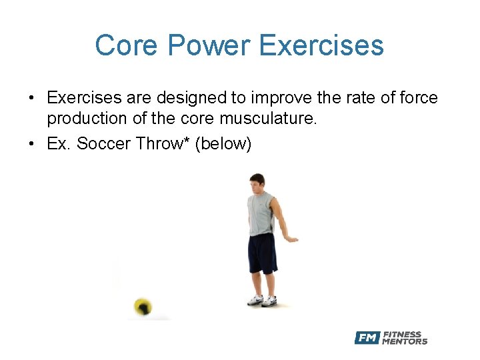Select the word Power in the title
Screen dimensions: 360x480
click(x=209, y=45)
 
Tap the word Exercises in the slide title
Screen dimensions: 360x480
click(x=321, y=45)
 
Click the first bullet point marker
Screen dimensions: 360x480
click(x=31, y=99)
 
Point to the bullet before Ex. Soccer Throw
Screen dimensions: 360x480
click(x=31, y=144)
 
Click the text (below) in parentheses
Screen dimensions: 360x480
click(x=223, y=143)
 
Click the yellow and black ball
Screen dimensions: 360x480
click(x=142, y=307)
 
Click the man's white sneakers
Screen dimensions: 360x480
click(x=262, y=301)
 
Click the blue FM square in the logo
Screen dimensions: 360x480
click(x=367, y=338)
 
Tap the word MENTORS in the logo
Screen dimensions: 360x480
click(x=405, y=341)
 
